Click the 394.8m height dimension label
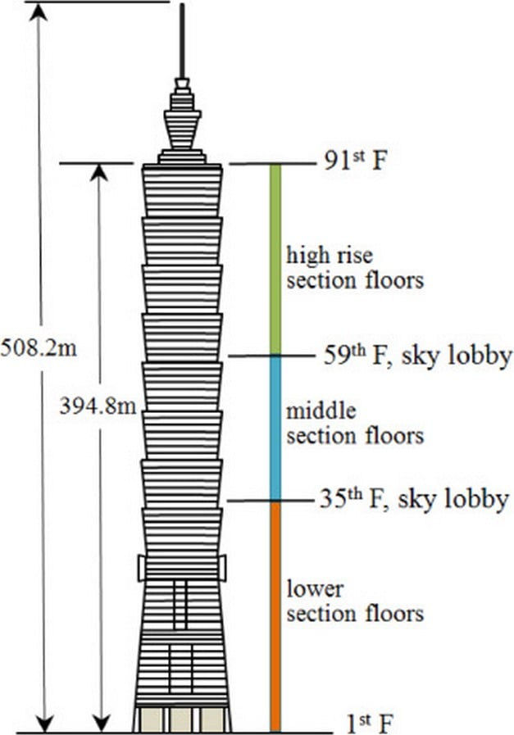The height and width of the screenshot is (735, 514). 98,406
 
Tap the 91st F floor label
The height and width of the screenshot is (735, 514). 356,161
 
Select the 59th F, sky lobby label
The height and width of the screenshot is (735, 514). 417,356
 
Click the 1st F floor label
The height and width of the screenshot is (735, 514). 369,724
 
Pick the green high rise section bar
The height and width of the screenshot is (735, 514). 275,260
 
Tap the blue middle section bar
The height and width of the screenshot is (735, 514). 275,428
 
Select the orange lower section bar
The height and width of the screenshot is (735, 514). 275,616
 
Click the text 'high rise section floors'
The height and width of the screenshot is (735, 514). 355,268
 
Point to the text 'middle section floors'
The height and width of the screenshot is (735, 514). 355,424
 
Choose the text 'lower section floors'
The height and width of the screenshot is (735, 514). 355,601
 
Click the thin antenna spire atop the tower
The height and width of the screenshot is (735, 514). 182,41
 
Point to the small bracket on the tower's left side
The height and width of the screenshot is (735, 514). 141,568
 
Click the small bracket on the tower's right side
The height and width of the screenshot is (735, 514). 223,568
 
